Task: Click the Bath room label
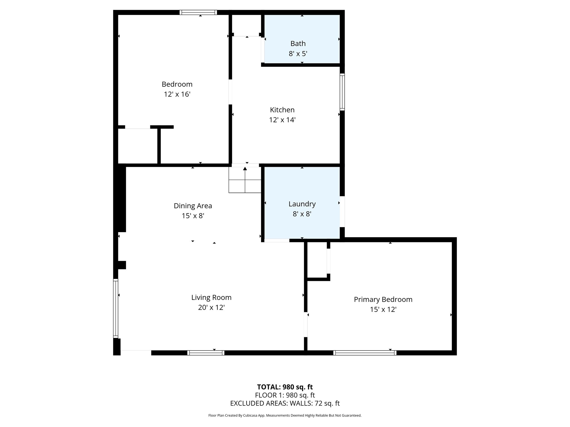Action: click(x=298, y=44)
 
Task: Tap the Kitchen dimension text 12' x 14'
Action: click(x=282, y=120)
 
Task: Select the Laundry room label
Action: click(x=302, y=204)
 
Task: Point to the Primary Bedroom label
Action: click(x=383, y=299)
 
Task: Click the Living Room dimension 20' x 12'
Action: click(x=211, y=307)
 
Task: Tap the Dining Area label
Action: click(x=193, y=206)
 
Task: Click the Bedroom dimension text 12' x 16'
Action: click(x=177, y=94)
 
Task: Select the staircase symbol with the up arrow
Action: click(x=245, y=180)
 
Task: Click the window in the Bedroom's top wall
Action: click(x=198, y=12)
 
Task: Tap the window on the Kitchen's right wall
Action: click(x=342, y=92)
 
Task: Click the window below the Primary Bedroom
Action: click(x=365, y=353)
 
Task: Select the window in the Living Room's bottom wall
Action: click(x=206, y=353)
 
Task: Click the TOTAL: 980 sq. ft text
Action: click(x=285, y=387)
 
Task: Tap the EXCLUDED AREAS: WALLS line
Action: click(x=285, y=403)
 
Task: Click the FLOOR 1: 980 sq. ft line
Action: click(x=285, y=395)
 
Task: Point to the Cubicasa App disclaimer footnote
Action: click(x=285, y=415)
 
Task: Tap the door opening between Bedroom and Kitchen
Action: click(x=230, y=92)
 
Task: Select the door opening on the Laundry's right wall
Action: click(x=342, y=212)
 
